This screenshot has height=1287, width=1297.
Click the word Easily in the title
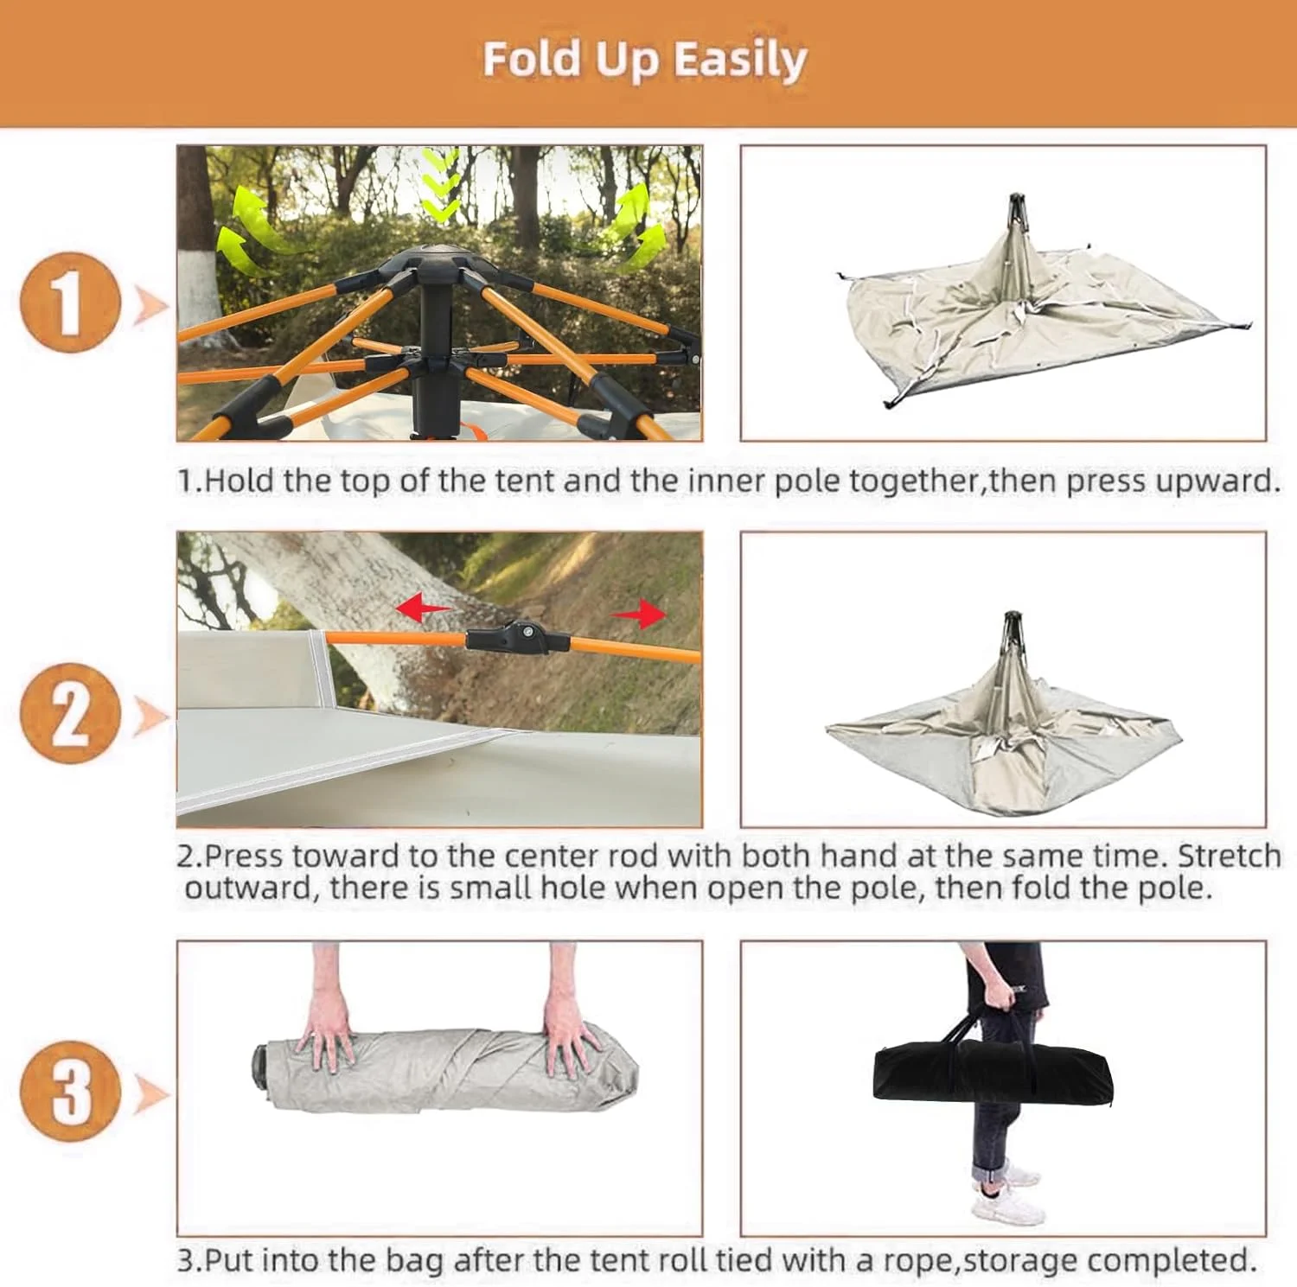[x=740, y=61]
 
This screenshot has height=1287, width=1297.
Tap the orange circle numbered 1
[x=69, y=302]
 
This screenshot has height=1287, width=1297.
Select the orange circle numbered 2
[x=69, y=713]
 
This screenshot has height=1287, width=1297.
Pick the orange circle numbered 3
[x=69, y=1092]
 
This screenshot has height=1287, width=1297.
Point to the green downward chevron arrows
[x=441, y=184]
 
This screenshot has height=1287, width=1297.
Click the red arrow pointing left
[x=423, y=608]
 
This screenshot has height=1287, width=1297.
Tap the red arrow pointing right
[x=639, y=615]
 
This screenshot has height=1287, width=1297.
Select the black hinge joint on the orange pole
[x=517, y=638]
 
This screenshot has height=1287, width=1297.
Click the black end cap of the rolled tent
[x=260, y=1064]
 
